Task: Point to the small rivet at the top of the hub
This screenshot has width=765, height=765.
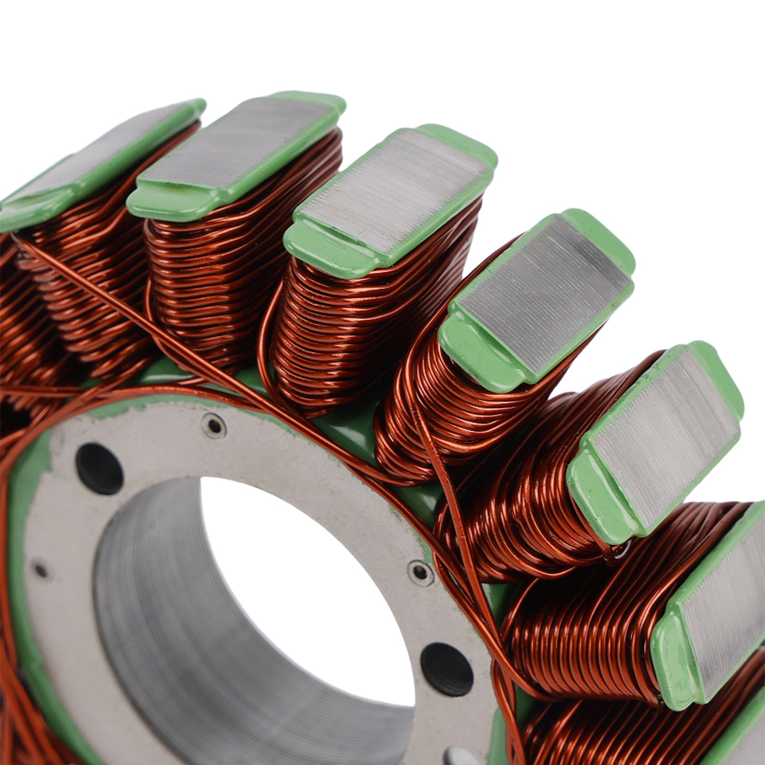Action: (x=214, y=425)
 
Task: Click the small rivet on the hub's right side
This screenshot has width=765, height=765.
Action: (x=420, y=571)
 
